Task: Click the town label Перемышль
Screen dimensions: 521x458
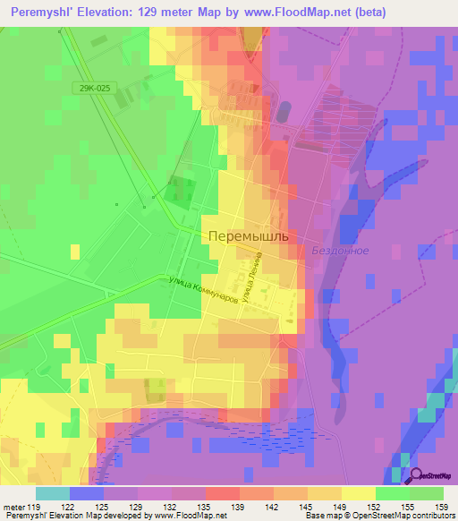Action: point(249,236)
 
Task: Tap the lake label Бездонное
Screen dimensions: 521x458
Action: point(340,251)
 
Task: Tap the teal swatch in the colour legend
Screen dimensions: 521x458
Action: point(53,493)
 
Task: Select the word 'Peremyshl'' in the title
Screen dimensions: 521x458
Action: point(39,13)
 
